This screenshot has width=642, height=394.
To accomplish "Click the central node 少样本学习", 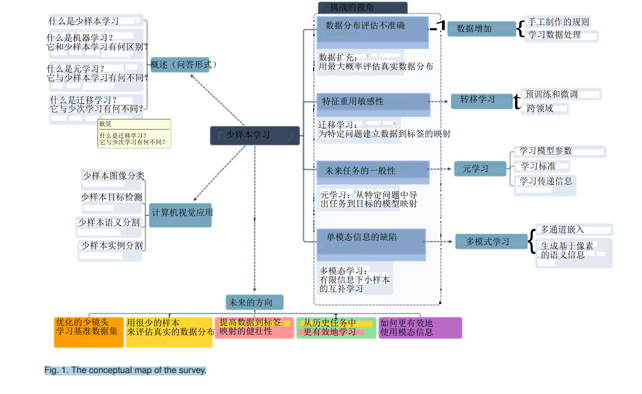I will (x=254, y=135).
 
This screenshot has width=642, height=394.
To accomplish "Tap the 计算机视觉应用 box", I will (x=181, y=215).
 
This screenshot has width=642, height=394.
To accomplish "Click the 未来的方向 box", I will (x=254, y=302).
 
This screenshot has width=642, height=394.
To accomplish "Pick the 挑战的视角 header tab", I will (x=362, y=7).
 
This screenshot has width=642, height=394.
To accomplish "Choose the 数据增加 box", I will (x=481, y=29).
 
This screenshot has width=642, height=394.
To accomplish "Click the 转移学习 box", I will (x=481, y=101).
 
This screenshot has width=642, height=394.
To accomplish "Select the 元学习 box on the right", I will (x=480, y=169).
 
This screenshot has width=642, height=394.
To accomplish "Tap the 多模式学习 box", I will (x=491, y=242).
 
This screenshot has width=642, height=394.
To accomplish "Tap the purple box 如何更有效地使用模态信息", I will (x=420, y=328).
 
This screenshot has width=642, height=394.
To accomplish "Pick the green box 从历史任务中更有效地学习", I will (x=336, y=328).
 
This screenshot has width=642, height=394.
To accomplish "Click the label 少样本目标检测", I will (x=112, y=197).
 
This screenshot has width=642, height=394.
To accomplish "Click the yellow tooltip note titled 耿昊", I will (x=134, y=134).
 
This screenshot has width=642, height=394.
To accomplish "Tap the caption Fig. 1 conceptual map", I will (x=125, y=370).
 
